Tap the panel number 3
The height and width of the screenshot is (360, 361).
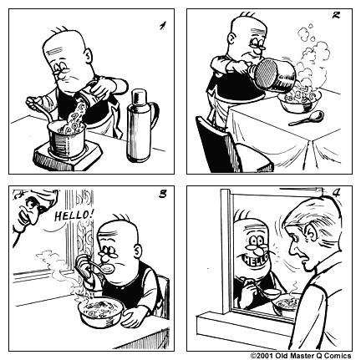pyautogui.click(x=161, y=196)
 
